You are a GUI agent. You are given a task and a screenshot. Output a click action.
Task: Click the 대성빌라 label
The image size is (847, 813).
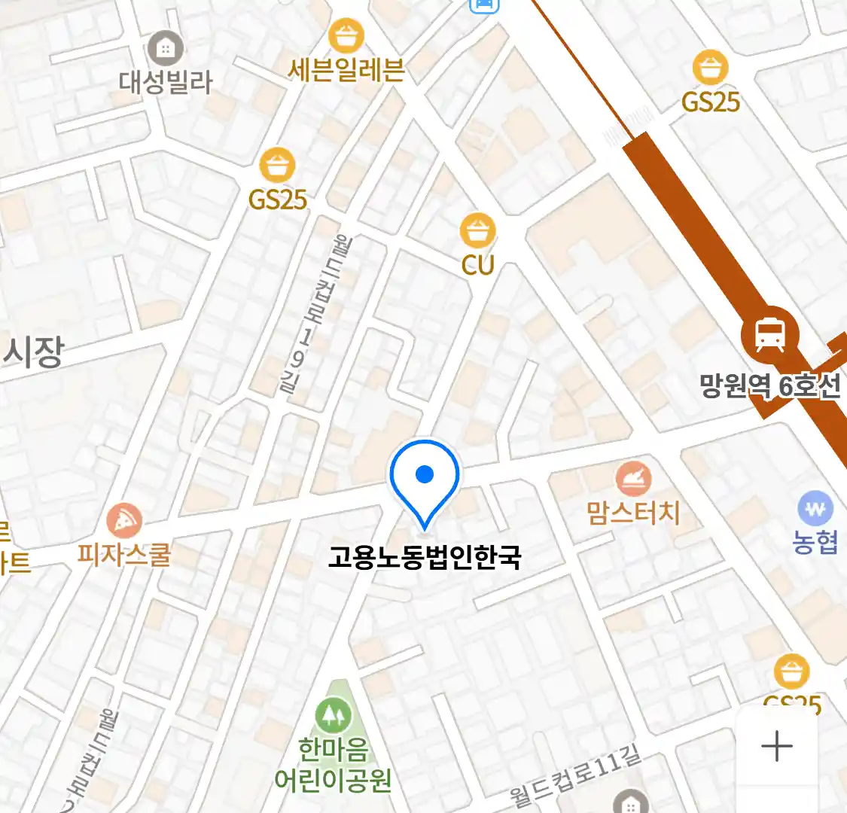tap(166, 82)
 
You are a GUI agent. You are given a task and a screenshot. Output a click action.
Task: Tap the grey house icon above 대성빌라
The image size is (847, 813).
tap(165, 49)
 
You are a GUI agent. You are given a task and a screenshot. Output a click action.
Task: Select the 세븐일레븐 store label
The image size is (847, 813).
tap(346, 70)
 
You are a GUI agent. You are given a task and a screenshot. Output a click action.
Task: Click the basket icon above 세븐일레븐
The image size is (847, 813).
tap(346, 35)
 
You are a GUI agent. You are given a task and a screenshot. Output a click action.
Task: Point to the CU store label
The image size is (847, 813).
tap(477, 265)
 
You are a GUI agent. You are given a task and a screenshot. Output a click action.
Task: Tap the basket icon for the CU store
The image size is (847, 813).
tap(477, 230)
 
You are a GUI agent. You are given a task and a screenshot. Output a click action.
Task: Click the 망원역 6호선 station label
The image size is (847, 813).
tap(769, 386)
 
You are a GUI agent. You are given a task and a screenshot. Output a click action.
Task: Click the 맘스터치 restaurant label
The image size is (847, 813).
tap(633, 513)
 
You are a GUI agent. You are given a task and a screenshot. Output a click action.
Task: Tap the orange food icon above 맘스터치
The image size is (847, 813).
tap(633, 478)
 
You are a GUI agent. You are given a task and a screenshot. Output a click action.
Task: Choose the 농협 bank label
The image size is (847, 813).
tap(815, 542)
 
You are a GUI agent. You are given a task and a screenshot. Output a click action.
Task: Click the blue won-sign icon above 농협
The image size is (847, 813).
tap(815, 509)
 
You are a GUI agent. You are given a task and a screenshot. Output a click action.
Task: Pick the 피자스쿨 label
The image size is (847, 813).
tap(124, 556)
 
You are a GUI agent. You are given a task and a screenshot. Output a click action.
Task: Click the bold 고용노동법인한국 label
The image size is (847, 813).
tap(425, 558)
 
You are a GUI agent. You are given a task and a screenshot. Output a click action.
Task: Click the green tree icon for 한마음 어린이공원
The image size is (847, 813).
tap(332, 715)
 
